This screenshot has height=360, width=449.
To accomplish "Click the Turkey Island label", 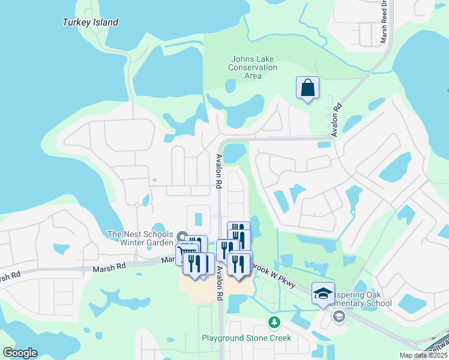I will [91, 23].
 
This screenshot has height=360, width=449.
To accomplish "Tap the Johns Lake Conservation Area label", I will [253, 67].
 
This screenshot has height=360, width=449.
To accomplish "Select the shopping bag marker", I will [307, 88].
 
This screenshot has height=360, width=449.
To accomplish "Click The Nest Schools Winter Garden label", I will [140, 238].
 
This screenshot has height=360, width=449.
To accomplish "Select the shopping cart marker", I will [186, 254].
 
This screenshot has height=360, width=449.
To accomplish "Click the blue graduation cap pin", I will [323, 292].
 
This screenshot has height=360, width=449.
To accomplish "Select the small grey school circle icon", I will [339, 316].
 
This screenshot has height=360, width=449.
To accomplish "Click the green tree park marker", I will [274, 323].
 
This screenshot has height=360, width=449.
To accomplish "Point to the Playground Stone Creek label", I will [246, 338].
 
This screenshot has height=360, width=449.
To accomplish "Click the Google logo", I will [20, 353].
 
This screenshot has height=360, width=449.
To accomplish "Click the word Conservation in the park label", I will [253, 68].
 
